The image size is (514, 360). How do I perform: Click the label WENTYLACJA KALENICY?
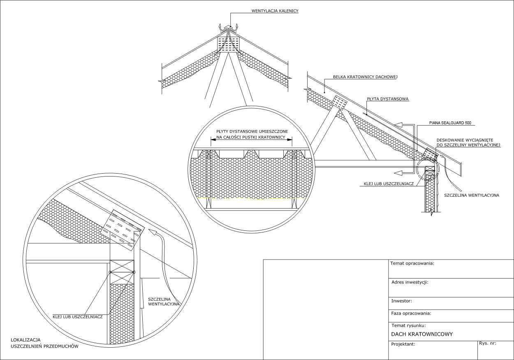point(275,11)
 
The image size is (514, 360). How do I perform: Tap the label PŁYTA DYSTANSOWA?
point(388,99)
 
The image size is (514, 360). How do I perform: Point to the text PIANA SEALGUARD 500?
point(450,123)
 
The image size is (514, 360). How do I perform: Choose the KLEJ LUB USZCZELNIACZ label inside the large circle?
point(78,317)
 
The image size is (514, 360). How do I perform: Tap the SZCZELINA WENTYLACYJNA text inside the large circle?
point(163,302)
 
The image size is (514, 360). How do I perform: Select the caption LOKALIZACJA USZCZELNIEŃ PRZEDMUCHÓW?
point(44,343)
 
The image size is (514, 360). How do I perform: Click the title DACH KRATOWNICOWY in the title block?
point(422,334)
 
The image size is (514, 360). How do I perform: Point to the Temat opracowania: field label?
point(412,263)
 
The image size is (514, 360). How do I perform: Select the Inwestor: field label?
point(402,301)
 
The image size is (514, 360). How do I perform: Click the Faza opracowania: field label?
point(411,314)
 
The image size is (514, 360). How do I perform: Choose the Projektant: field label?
point(403,344)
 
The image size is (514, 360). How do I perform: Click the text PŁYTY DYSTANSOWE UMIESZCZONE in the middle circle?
point(252,131)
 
